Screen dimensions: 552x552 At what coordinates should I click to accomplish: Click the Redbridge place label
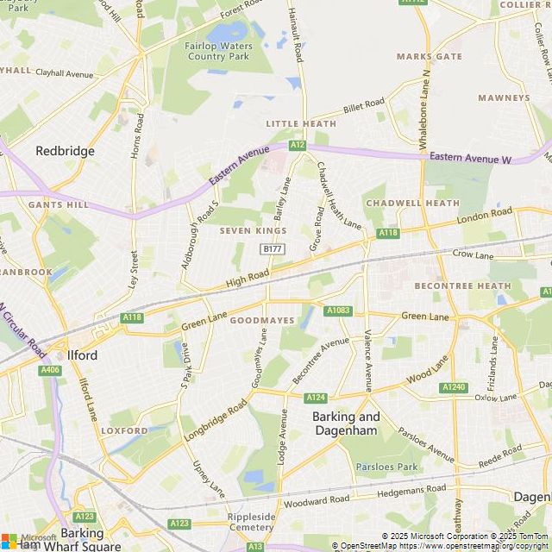point(65,151)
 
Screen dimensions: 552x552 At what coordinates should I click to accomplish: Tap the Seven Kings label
point(253,231)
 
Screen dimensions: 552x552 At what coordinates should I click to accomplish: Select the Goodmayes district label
point(262,321)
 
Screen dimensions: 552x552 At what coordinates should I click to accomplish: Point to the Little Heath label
point(300,124)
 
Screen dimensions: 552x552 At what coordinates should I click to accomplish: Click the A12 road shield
point(298,145)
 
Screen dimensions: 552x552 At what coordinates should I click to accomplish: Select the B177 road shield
point(272,248)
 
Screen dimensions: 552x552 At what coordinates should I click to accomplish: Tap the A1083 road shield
point(336,310)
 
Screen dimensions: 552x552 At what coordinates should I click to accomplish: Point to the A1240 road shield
point(454,388)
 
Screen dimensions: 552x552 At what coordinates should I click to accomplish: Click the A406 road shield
point(50,370)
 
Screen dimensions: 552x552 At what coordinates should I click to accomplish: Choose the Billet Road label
point(363,106)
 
